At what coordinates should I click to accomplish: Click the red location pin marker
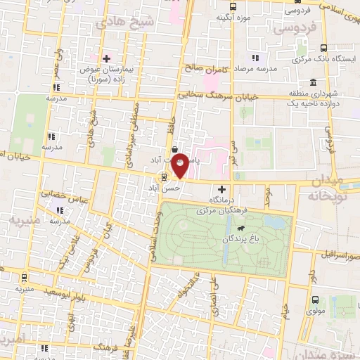pos(181,165)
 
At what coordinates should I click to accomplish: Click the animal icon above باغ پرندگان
pos(242,229)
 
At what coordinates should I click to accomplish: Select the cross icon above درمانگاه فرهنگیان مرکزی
pos(222,189)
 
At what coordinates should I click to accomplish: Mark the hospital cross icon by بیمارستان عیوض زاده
pos(106,58)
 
